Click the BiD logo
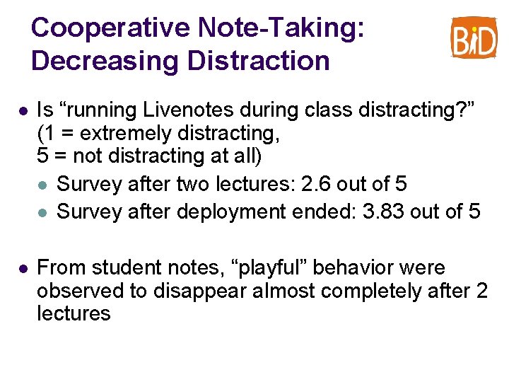click(474, 37)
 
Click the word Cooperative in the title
click(110, 28)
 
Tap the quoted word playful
click(269, 268)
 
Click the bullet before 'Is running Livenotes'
click(23, 110)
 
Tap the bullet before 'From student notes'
click(23, 269)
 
